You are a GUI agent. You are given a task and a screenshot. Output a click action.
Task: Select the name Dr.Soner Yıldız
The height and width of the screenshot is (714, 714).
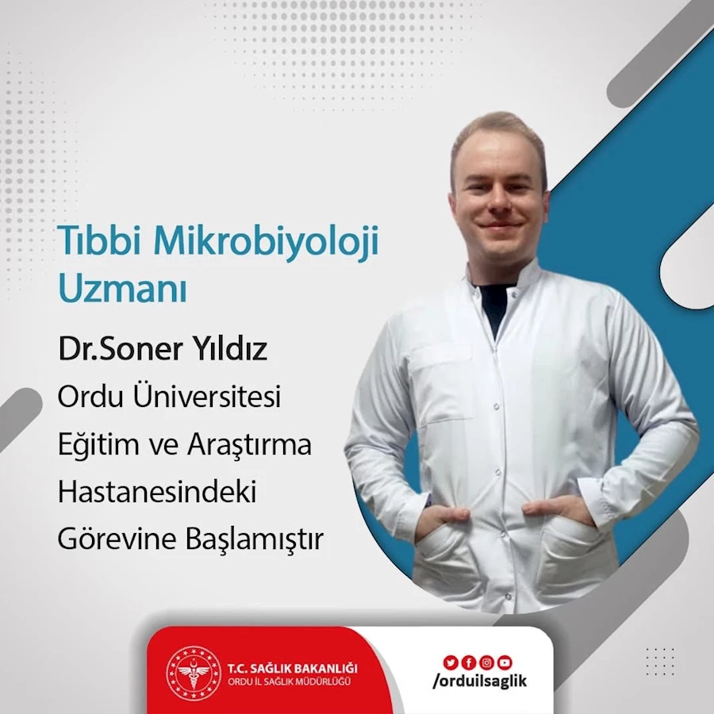(163, 349)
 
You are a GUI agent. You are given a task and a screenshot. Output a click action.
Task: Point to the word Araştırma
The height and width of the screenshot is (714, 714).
(249, 445)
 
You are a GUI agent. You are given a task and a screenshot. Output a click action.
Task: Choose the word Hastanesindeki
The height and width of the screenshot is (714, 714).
(157, 491)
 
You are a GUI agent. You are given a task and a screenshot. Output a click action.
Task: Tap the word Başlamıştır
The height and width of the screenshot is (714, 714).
(255, 539)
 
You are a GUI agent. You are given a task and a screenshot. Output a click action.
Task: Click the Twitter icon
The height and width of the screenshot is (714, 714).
(450, 662)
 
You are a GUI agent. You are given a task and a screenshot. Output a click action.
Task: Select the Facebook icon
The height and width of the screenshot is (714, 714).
(468, 662)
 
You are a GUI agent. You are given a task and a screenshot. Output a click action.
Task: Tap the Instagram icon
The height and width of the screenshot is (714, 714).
(486, 662)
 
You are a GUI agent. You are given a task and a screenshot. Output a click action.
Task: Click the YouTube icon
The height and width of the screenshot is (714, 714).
(505, 662)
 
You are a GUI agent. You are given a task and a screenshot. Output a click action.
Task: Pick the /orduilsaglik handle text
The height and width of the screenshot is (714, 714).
(479, 681)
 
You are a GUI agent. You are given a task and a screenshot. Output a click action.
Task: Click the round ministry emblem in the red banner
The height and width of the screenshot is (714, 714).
(194, 673)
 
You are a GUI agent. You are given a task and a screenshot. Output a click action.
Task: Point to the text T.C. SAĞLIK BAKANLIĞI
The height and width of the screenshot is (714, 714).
(292, 669)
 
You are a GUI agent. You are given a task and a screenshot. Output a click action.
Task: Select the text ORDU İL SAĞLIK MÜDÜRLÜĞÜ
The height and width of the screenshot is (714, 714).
(289, 681)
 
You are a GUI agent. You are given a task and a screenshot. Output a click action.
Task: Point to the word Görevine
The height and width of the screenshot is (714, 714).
(118, 539)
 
